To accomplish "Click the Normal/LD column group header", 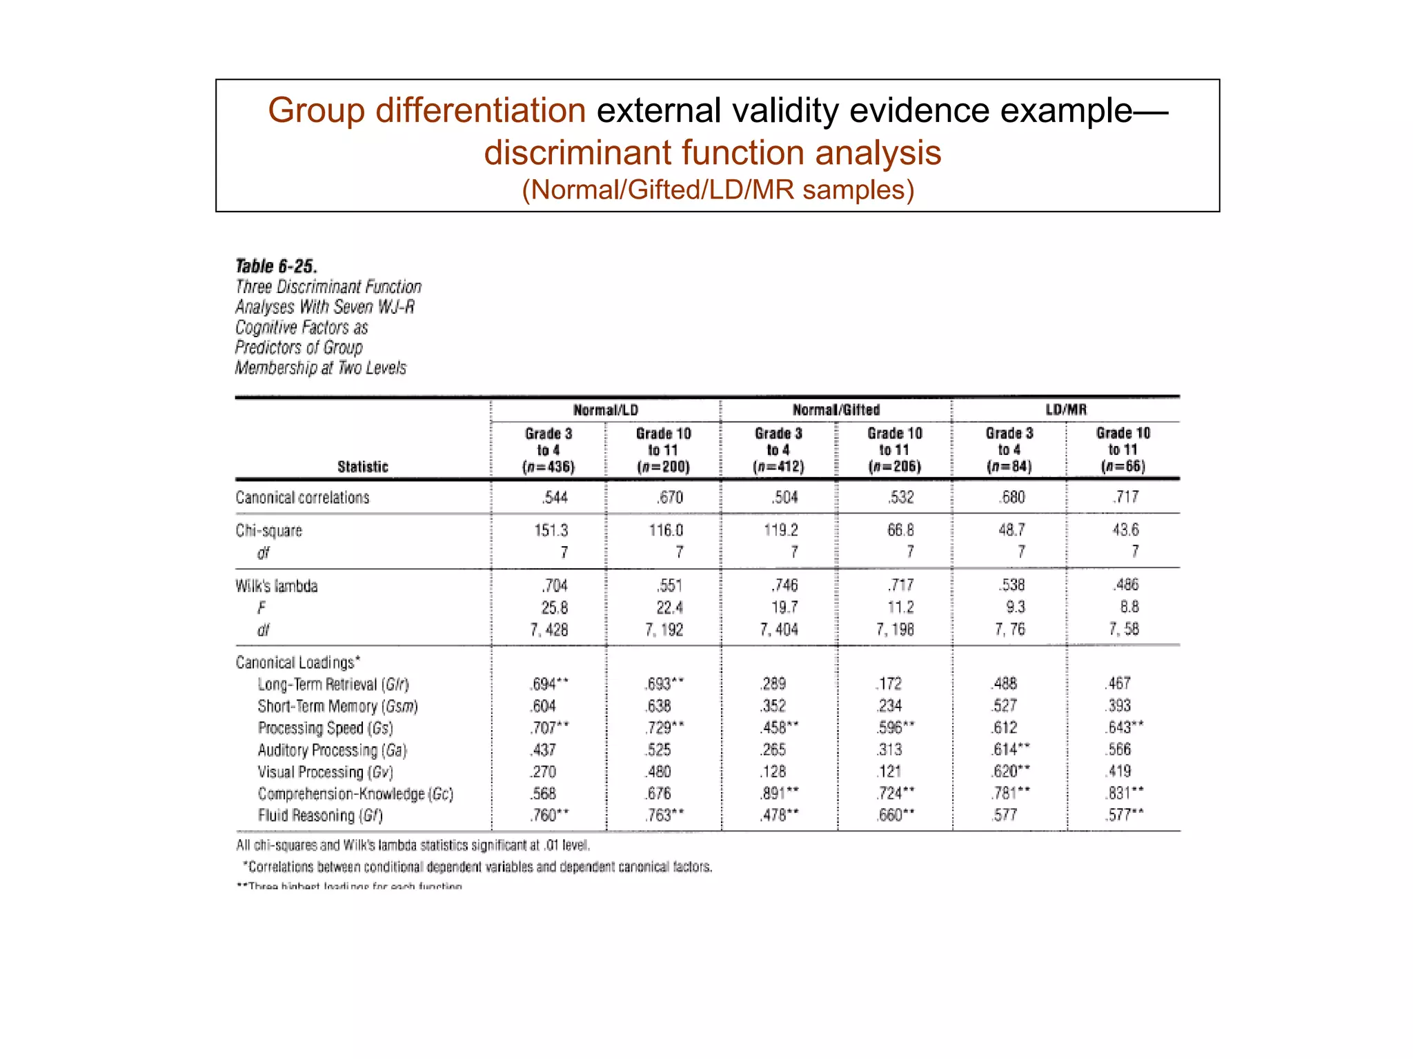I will (x=606, y=410).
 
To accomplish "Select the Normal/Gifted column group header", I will (x=836, y=410).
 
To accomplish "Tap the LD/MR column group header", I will (x=1066, y=410).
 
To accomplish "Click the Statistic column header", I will (x=363, y=467).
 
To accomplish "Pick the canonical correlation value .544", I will (x=555, y=497).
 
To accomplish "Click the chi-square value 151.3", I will (x=551, y=530).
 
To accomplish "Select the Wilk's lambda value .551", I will (x=669, y=585).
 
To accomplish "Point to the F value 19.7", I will (x=784, y=607).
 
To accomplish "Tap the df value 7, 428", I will (x=549, y=629).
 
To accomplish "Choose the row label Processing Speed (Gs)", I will (x=326, y=728).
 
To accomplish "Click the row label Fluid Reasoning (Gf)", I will (x=320, y=816).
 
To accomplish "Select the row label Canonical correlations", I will (x=302, y=498).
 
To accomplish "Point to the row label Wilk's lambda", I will (x=277, y=586).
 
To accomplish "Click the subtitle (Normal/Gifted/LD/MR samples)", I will (x=718, y=190).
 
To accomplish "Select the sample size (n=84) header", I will (x=1009, y=467).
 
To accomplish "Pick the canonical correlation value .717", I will (x=1125, y=496).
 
